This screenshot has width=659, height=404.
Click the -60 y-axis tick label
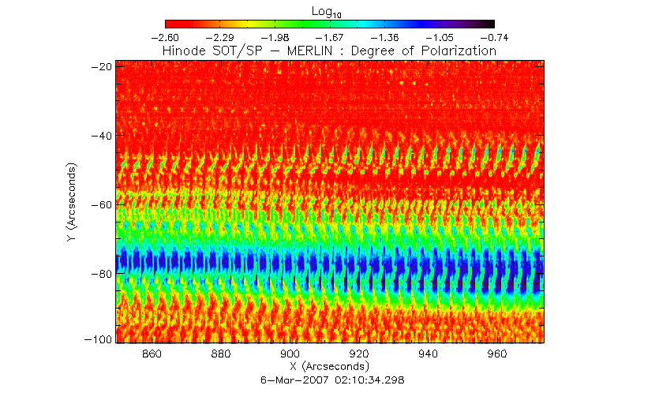101,204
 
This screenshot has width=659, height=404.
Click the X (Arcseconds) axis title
329,367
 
